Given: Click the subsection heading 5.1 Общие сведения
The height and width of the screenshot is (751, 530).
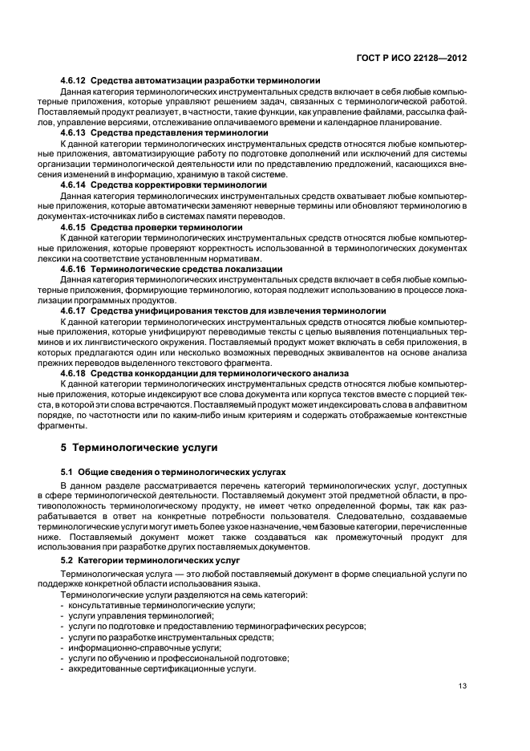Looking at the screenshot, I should coord(173,473).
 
